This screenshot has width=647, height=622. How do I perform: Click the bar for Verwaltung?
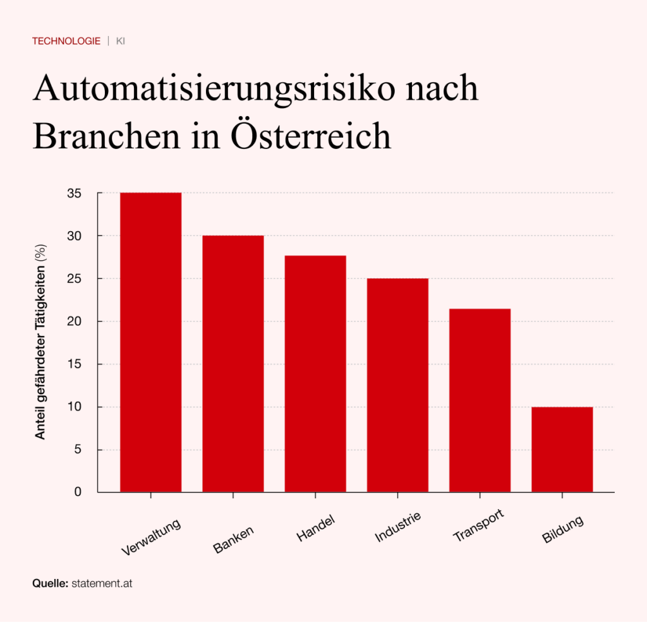(x=150, y=342)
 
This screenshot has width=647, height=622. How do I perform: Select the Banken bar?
(x=233, y=364)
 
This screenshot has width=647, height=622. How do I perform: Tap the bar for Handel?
(x=315, y=374)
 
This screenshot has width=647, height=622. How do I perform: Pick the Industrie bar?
(x=397, y=385)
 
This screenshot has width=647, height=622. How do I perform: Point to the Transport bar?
(x=480, y=400)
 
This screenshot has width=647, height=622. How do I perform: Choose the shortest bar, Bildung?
(x=562, y=450)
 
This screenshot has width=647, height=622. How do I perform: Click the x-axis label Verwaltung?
(x=152, y=537)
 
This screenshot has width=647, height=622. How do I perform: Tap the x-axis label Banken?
(x=234, y=539)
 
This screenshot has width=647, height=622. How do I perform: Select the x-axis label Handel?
(x=315, y=529)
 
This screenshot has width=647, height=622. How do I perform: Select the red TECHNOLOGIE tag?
(x=66, y=41)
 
